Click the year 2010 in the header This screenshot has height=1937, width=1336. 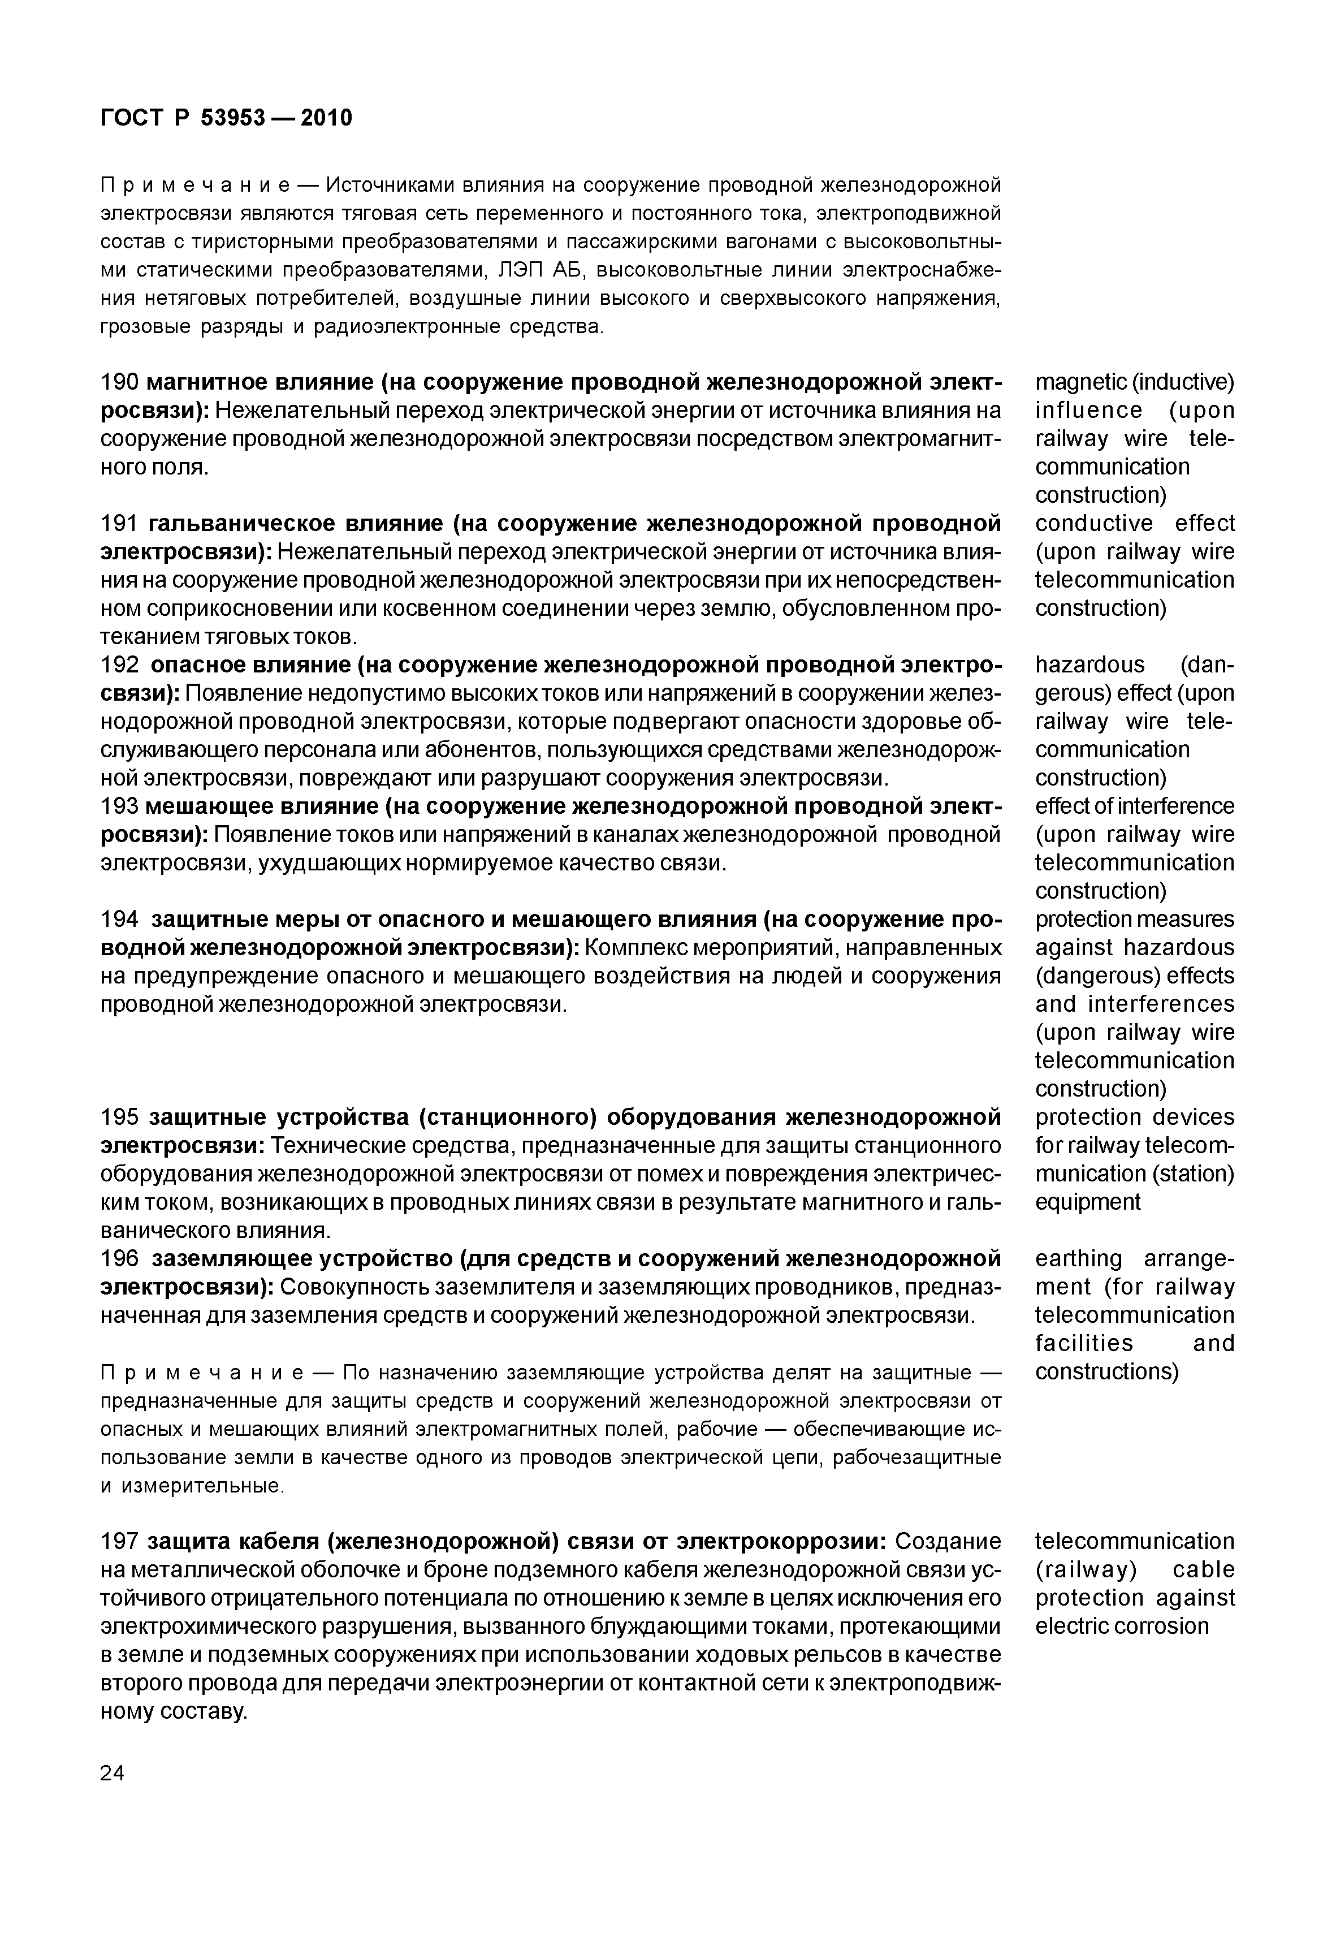(326, 118)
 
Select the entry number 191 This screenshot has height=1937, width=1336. (119, 524)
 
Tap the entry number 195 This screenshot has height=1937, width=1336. (119, 1118)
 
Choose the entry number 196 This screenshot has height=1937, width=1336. (119, 1258)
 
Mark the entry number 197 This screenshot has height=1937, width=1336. (119, 1541)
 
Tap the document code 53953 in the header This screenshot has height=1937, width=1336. (233, 118)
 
